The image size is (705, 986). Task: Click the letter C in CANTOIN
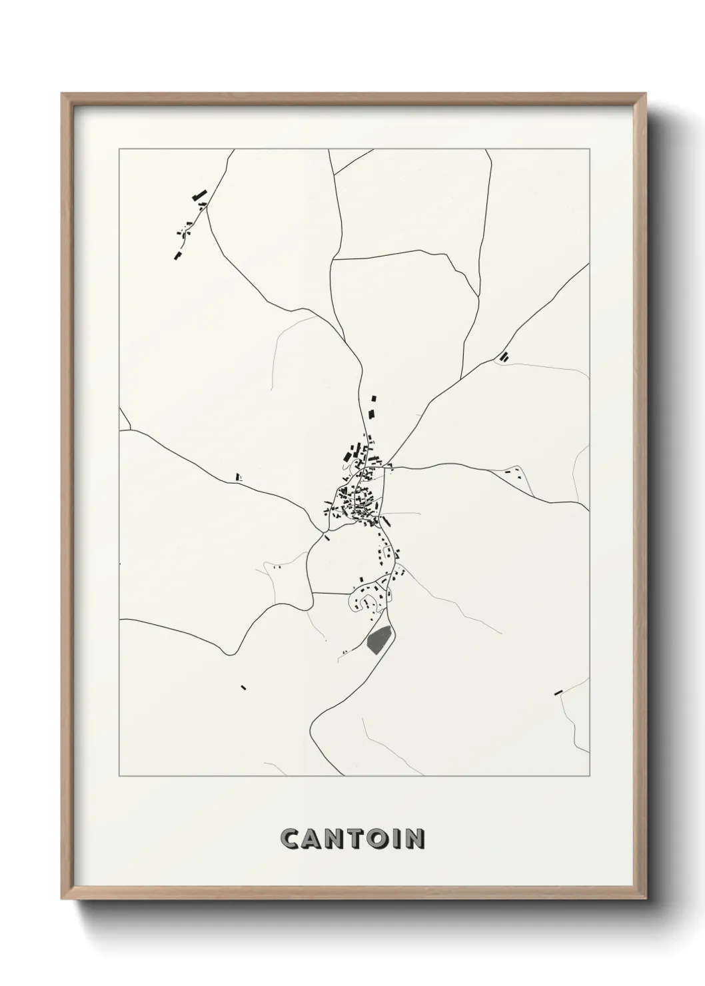(x=291, y=839)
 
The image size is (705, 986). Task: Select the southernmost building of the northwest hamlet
(x=177, y=255)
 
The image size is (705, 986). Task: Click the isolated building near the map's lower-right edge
(x=558, y=693)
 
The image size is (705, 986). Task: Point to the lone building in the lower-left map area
(x=243, y=686)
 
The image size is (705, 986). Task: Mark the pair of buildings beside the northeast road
(x=504, y=356)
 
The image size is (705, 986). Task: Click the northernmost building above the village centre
(x=373, y=398)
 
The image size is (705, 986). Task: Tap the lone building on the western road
(x=237, y=476)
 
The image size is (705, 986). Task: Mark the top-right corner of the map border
(x=589, y=149)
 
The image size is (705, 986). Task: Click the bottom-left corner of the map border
(x=119, y=775)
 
